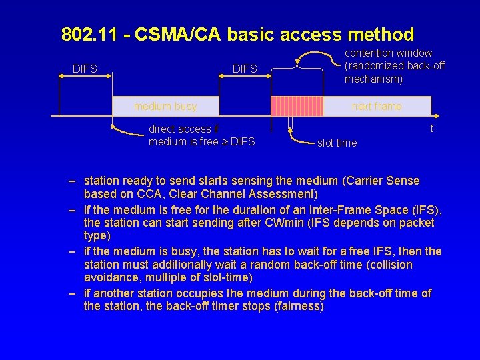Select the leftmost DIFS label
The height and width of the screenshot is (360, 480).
pyautogui.click(x=85, y=68)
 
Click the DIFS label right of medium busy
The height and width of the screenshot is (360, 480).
pyautogui.click(x=245, y=69)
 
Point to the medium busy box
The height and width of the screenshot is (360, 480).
pyautogui.click(x=165, y=107)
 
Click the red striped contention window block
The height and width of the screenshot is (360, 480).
pyautogui.click(x=297, y=107)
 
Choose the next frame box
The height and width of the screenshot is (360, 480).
pyautogui.click(x=377, y=107)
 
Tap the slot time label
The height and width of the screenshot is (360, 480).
pyautogui.click(x=337, y=143)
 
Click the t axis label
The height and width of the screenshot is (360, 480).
pyautogui.click(x=432, y=129)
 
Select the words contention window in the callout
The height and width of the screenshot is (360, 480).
pyautogui.click(x=388, y=53)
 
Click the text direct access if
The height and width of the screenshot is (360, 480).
pyautogui.click(x=183, y=129)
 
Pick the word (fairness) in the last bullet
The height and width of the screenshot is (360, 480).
pyautogui.click(x=300, y=307)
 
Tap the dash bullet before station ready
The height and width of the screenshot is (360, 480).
pyautogui.click(x=70, y=181)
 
